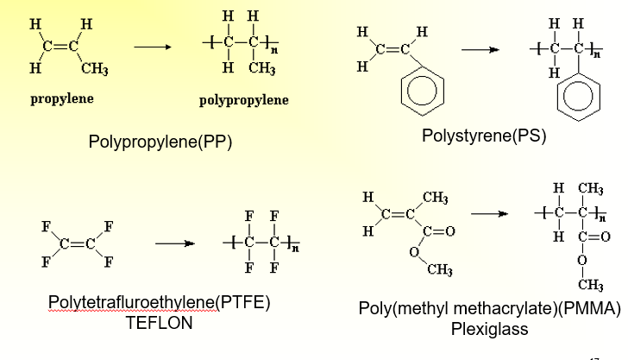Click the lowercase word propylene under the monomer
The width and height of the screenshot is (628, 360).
pos(62,98)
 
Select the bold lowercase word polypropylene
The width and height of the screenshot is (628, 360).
pos(244,100)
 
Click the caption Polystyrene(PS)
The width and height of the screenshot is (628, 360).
pos(484,136)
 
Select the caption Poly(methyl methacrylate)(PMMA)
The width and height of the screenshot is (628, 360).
pos(490,309)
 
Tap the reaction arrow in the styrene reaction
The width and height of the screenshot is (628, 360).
pos(479,49)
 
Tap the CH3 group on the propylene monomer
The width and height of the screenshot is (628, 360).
pos(94,68)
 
